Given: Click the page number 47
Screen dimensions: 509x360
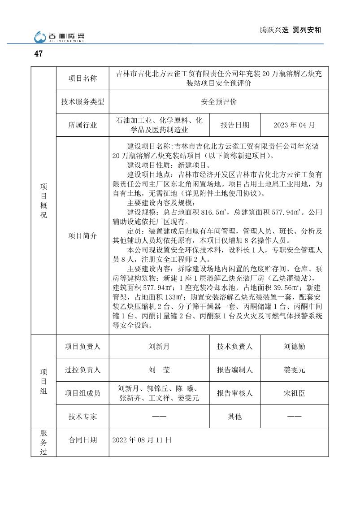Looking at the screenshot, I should click(x=38, y=54).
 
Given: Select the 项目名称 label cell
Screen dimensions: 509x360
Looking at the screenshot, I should click(x=82, y=78).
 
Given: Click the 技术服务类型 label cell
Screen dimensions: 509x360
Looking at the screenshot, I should click(x=82, y=102).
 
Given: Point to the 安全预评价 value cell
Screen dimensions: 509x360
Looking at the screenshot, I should click(x=219, y=102).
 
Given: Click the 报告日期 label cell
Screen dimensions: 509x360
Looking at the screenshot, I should click(x=234, y=125).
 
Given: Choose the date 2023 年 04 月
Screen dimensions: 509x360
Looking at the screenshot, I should click(x=294, y=125).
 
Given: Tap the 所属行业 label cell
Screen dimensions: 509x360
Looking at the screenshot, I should click(x=82, y=125).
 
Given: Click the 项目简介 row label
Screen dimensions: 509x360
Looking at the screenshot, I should click(x=82, y=235).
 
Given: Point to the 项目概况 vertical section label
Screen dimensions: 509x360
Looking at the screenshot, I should click(x=43, y=200).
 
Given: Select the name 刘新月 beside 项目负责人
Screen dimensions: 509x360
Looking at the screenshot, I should click(x=159, y=346).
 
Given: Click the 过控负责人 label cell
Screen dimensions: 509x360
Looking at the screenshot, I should click(x=82, y=370).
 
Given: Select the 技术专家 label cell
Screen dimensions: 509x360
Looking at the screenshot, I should click(x=82, y=417).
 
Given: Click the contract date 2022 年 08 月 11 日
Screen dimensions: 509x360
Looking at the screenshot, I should click(x=142, y=440).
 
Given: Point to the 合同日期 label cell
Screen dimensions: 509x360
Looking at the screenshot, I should click(x=82, y=440).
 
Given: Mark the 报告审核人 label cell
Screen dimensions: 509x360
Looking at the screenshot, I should click(x=234, y=393).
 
